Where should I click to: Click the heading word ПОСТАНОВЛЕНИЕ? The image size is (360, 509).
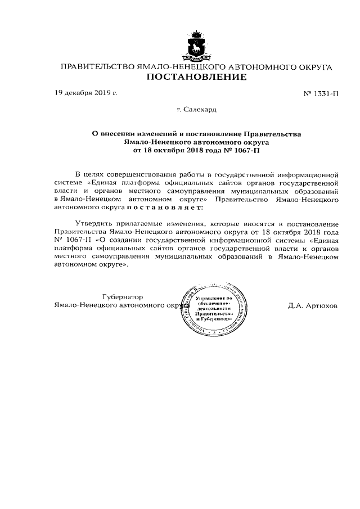[196, 78]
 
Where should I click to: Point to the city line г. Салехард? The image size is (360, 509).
[196, 110]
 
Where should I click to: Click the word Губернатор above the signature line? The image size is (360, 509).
[123, 297]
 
